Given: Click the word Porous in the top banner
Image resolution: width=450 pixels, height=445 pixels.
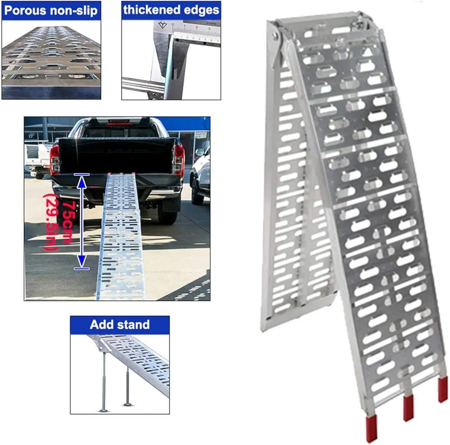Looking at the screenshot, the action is click(25, 11).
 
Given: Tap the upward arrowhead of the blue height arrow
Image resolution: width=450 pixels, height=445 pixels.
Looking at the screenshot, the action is click(82, 182).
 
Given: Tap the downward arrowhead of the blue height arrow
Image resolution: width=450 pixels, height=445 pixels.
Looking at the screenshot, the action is click(82, 261).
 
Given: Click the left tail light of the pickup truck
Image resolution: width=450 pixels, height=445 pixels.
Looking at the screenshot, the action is click(55, 160).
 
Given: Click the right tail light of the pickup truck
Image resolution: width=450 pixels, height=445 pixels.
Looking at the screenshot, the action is click(179, 158).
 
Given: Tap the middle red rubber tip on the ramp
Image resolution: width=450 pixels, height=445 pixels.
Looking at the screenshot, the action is click(409, 407).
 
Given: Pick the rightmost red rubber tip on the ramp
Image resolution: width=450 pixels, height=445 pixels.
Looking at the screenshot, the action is click(443, 389).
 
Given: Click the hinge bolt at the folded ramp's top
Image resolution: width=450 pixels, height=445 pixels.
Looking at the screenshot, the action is click(275, 36).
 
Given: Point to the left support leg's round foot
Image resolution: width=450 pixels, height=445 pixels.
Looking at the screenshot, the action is click(104, 410).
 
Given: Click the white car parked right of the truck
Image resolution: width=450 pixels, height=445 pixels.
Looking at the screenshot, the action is click(200, 178).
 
